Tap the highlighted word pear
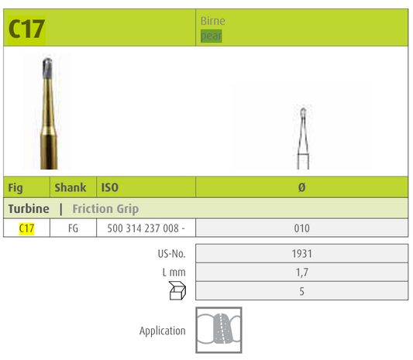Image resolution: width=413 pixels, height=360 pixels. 212,36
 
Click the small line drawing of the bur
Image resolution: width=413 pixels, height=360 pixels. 301,135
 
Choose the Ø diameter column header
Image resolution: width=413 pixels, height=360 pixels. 301,187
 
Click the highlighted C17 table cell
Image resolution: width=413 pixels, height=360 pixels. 26,228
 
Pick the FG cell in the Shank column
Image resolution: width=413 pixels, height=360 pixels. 73,228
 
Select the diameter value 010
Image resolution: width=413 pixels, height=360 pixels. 301,228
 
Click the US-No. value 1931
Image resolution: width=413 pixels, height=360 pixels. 301,253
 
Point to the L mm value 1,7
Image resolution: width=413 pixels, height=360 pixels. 301,272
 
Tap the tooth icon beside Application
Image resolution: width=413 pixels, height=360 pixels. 219,329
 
